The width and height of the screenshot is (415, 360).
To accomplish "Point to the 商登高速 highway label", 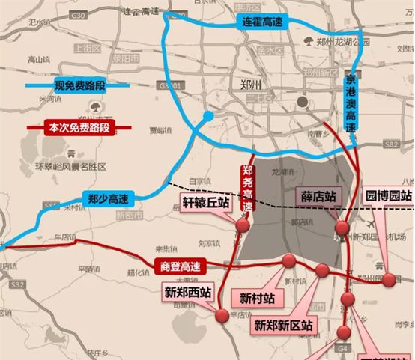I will pyautogui.click(x=180, y=265).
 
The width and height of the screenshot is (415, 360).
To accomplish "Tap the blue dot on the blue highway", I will pyautogui.click(x=208, y=118).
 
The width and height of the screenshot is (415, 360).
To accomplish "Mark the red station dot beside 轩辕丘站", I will pyautogui.click(x=243, y=225).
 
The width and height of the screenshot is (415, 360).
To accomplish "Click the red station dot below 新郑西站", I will pyautogui.click(x=222, y=317).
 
